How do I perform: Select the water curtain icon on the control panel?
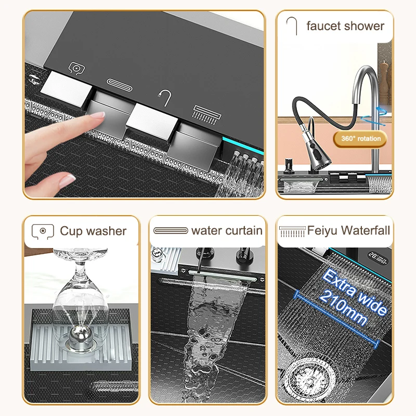click(118, 82)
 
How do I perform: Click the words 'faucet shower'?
click(345, 26)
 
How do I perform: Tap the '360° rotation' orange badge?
click(361, 138)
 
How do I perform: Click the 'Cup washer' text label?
click(93, 231)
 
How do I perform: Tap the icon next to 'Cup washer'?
click(43, 231)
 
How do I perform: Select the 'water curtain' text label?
click(227, 230)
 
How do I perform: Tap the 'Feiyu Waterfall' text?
click(348, 230)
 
